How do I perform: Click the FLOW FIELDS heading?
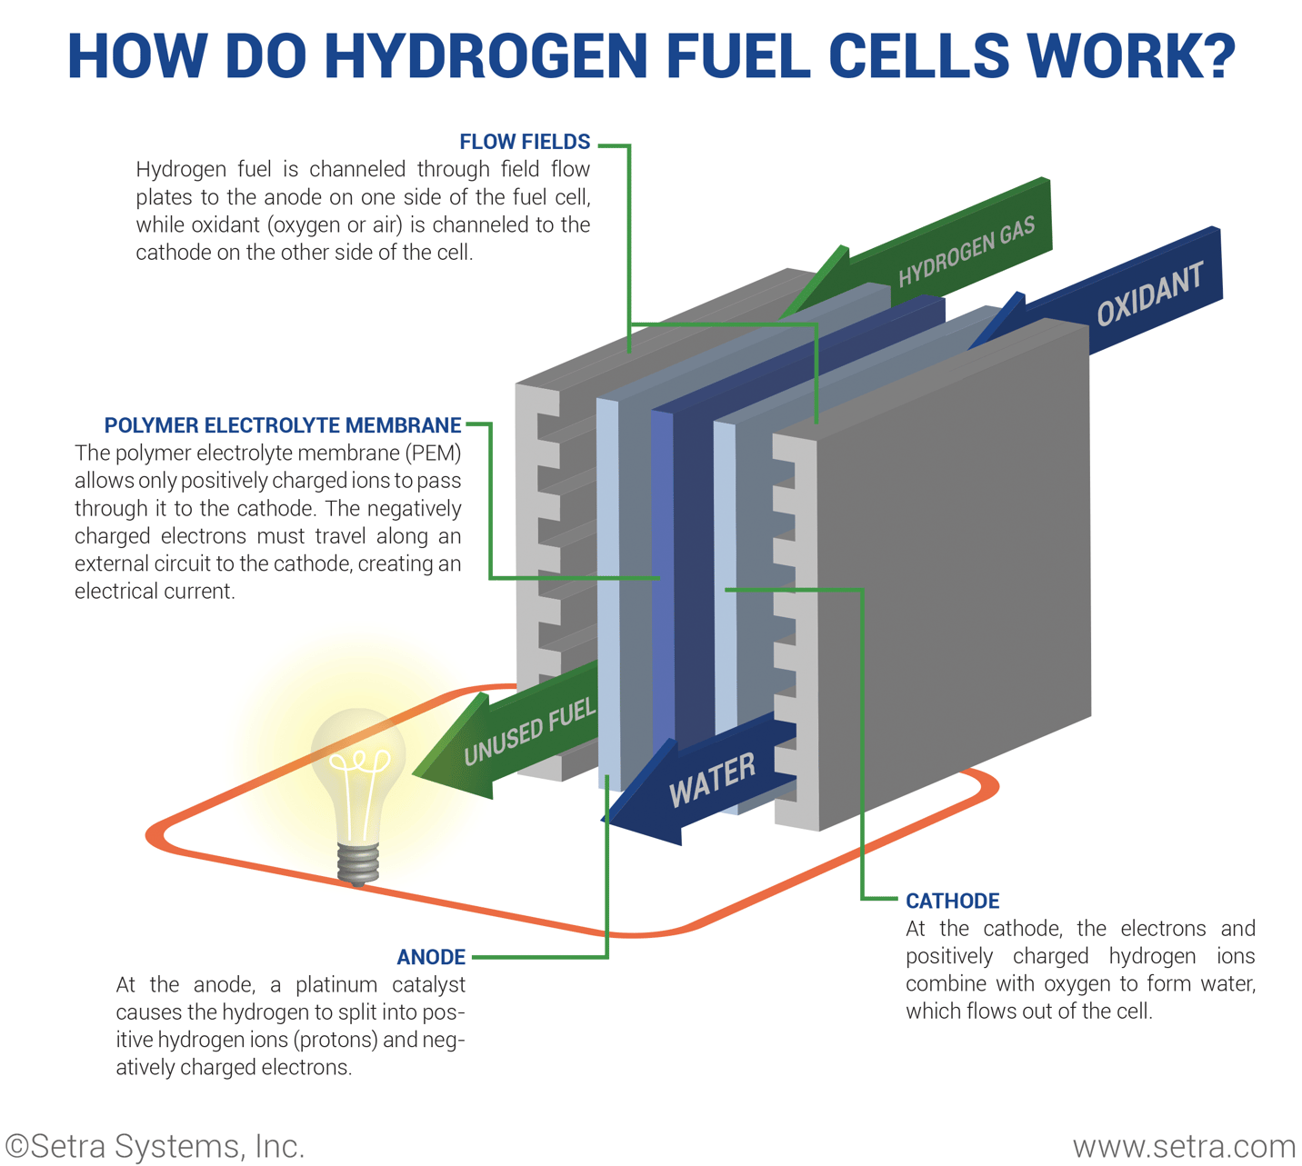click(525, 142)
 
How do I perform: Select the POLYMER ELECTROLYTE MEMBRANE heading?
click(283, 425)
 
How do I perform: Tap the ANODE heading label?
click(431, 957)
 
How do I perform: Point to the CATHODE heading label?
click(952, 901)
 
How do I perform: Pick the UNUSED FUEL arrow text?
click(529, 732)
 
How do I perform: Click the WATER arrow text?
click(712, 780)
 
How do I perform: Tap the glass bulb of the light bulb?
click(358, 772)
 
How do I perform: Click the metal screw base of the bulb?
click(358, 863)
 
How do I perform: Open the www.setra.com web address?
click(1184, 1147)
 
